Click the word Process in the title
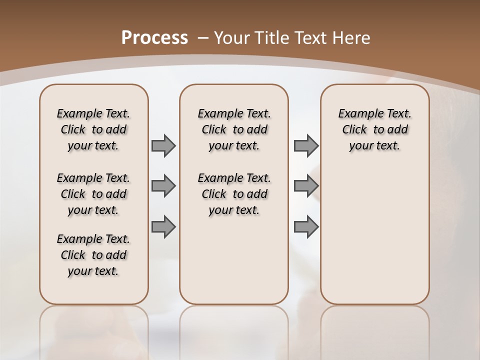coord(154,38)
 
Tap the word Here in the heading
coord(352,38)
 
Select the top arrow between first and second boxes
coord(163,145)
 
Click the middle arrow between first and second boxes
coord(163,186)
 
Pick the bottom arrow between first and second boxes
coord(163,226)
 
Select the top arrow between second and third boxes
coord(306,145)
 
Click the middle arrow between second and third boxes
coord(306,186)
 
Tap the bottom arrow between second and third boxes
coord(306,226)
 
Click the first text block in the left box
coord(93,129)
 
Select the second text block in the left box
coord(93,194)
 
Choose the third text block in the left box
coord(93,255)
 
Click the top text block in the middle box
coord(234,129)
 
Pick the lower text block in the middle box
coord(234,194)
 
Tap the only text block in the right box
coord(374,129)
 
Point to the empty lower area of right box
coord(374,235)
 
